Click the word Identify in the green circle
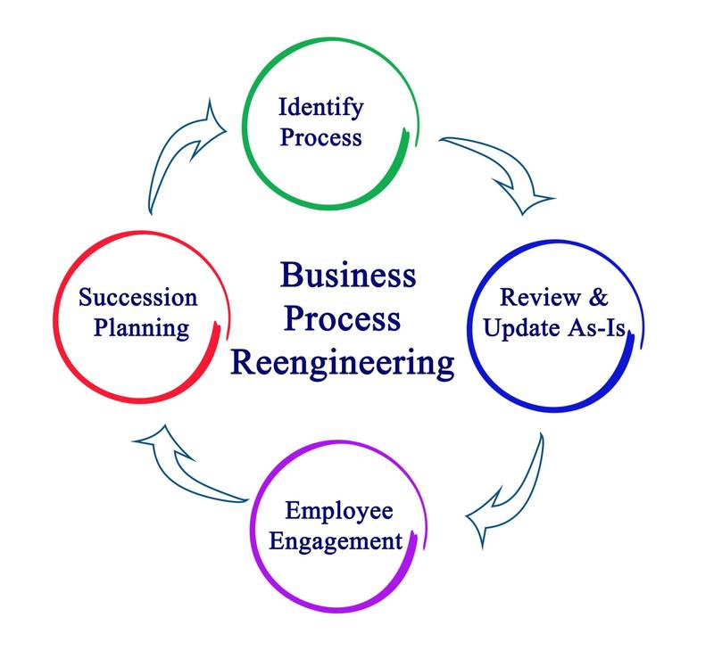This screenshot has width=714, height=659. pos(320,109)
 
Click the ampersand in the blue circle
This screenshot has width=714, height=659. pos(598,297)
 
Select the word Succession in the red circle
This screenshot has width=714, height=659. pos(137,297)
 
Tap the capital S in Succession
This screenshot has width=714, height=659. pos(85,297)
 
